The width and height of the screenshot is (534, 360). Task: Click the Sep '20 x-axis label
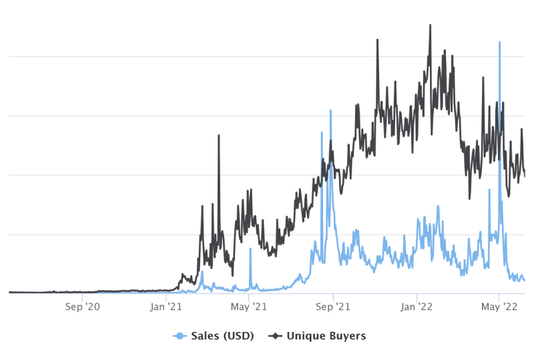tap(82, 307)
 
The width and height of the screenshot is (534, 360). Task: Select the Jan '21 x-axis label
tap(166, 307)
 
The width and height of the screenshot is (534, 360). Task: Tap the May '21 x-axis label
tap(248, 307)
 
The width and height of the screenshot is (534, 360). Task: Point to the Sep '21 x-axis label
tap(332, 307)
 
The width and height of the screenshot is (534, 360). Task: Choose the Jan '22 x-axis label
tap(416, 307)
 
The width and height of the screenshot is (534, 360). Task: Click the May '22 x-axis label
tap(499, 307)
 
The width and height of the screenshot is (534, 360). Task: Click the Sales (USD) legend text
tap(222, 336)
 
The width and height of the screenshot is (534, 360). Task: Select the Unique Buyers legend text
tap(326, 336)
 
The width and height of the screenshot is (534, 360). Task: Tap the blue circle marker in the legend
tap(180, 336)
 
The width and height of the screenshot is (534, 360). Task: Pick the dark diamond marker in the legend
tap(275, 336)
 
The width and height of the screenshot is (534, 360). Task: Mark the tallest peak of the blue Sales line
tap(499, 42)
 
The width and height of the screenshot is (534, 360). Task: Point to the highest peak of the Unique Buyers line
tap(430, 25)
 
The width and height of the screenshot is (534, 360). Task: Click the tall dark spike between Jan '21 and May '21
tap(219, 136)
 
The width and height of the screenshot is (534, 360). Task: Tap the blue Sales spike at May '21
tap(250, 248)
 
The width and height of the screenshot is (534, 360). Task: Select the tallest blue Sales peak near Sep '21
tap(330, 111)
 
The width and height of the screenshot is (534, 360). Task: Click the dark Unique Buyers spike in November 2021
tap(377, 40)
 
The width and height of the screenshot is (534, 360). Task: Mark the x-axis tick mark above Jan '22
tap(417, 297)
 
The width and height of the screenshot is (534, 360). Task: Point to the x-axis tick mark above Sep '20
tap(82, 297)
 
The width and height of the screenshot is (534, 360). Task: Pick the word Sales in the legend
tap(205, 336)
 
